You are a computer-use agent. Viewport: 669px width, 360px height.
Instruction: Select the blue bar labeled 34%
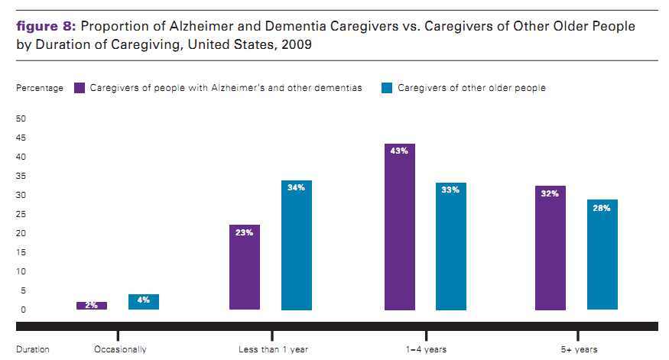click(x=296, y=245)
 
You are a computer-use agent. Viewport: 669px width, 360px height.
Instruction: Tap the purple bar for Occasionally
click(x=91, y=306)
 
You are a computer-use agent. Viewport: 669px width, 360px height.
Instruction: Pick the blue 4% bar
click(x=143, y=302)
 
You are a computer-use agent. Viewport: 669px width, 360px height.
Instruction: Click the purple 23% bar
click(x=245, y=267)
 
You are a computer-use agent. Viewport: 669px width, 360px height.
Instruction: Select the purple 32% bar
click(x=550, y=248)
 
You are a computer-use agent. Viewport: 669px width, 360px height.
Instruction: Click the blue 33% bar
click(x=450, y=246)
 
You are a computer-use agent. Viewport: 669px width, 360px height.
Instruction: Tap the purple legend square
click(x=80, y=88)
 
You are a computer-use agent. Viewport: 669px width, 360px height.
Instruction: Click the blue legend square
click(x=387, y=88)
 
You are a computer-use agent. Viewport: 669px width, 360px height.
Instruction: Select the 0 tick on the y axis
click(x=23, y=310)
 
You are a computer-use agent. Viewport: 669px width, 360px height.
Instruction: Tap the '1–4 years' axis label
click(x=426, y=349)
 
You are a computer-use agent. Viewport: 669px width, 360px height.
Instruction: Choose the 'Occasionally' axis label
click(x=119, y=349)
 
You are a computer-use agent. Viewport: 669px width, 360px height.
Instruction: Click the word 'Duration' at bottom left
click(x=33, y=349)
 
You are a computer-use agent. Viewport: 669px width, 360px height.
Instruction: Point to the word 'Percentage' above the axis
click(x=40, y=88)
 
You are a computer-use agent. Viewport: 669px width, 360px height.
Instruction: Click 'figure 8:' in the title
click(x=45, y=27)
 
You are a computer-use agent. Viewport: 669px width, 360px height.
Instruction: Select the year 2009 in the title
click(x=297, y=44)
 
